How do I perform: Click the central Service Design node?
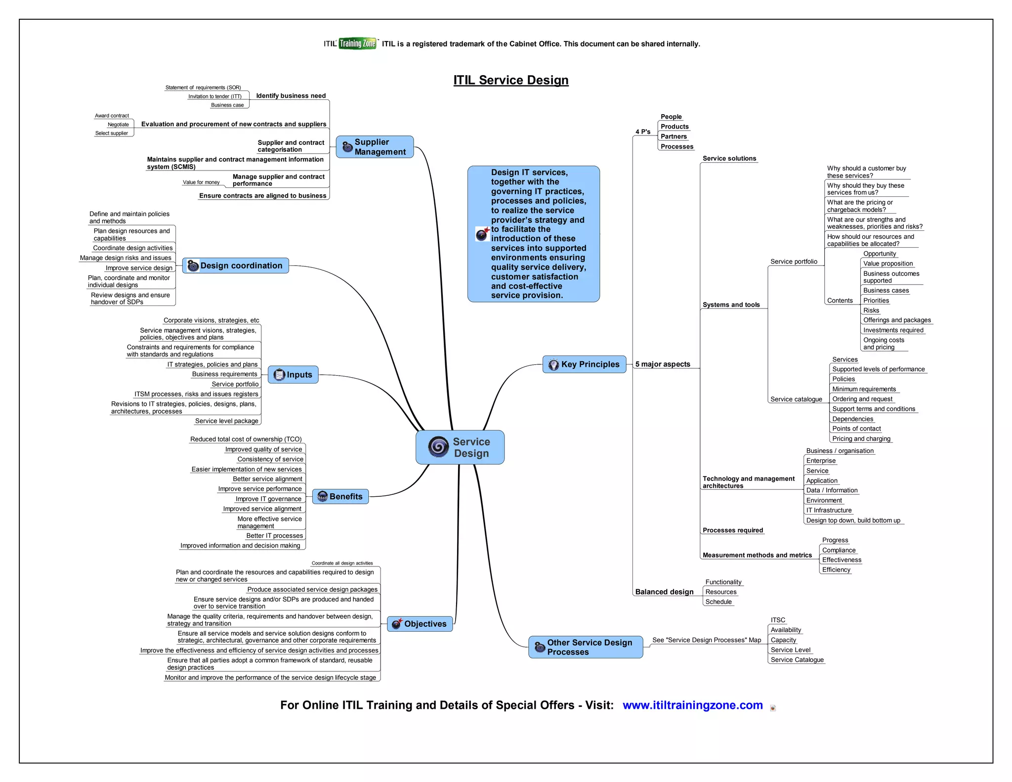pos(460,447)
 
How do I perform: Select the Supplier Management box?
pos(375,147)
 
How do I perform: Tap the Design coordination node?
pos(236,265)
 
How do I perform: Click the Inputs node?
pos(293,375)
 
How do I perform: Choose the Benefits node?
pos(340,496)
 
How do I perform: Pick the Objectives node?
pos(420,624)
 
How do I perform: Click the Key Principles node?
pos(584,364)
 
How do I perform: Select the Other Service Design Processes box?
pos(586,647)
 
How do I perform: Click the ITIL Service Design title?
pos(510,80)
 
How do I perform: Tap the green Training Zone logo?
pos(357,43)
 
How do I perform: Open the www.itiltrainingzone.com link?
pos(692,705)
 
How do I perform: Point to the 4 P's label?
pos(642,131)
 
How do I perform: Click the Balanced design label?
pos(664,592)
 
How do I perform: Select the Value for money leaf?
pos(201,182)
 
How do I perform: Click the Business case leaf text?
pos(227,105)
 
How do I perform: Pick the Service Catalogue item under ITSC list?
pos(797,660)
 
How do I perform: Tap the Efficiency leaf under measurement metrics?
pos(836,570)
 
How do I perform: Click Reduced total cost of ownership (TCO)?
pos(246,439)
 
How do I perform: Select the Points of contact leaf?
pos(856,429)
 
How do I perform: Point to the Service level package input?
pos(226,421)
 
